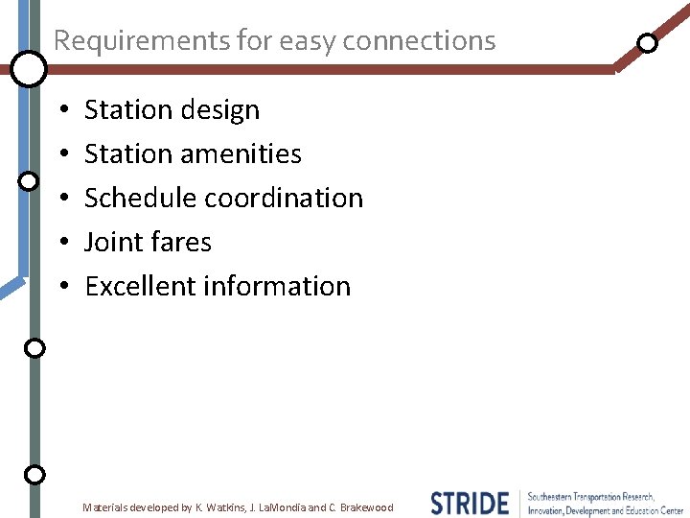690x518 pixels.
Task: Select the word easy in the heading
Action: click(x=307, y=40)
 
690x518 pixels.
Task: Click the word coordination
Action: click(x=286, y=199)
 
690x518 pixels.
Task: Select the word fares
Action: click(x=180, y=243)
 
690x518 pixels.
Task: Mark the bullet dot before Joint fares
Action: click(x=62, y=244)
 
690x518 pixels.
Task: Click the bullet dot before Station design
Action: click(x=62, y=111)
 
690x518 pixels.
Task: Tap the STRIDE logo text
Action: click(x=470, y=504)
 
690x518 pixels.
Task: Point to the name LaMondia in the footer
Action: click(x=280, y=507)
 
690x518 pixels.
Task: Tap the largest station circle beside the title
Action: click(x=29, y=68)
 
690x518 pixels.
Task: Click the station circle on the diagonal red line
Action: click(x=648, y=43)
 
